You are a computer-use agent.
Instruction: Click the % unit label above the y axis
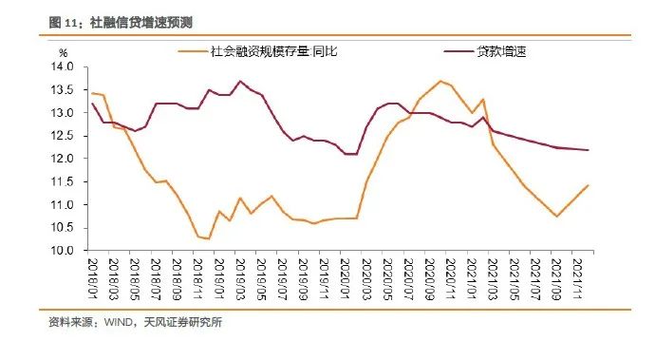(64, 52)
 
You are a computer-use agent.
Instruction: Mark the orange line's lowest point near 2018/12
(208, 238)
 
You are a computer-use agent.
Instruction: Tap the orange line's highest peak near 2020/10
(440, 81)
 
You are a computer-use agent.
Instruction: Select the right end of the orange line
(589, 185)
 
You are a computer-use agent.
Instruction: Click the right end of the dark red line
(589, 150)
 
